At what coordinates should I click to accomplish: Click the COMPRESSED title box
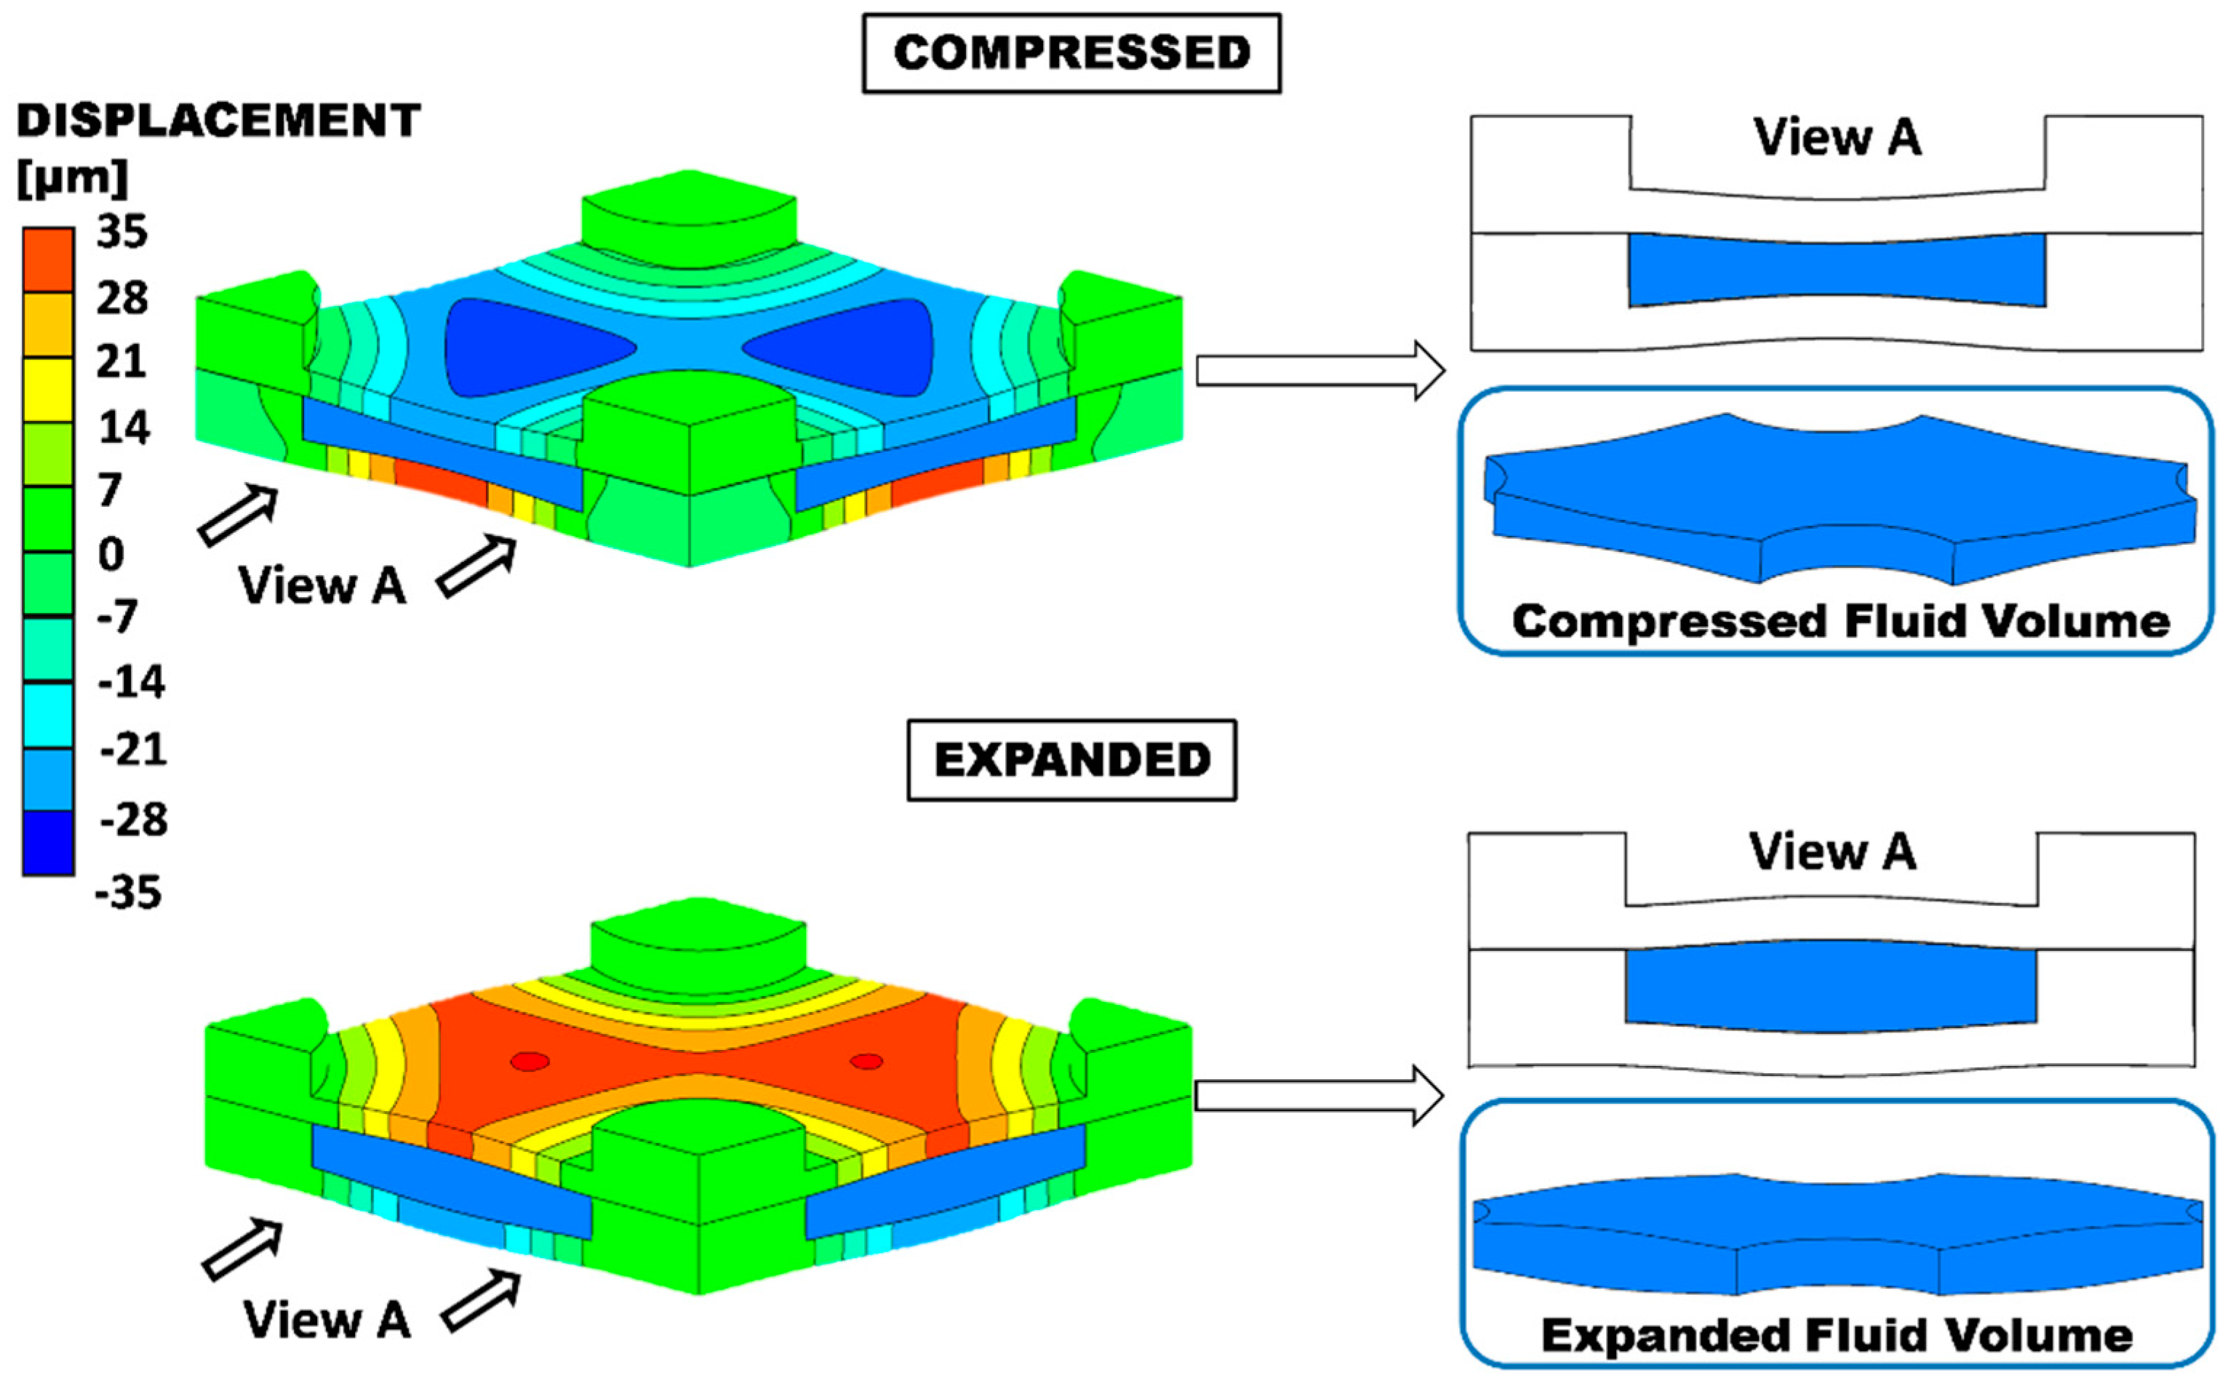click(x=1071, y=53)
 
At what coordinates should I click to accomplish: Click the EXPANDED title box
click(x=1071, y=760)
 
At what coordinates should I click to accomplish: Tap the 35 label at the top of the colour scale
click(x=121, y=233)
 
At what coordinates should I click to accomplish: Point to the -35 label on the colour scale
click(x=128, y=891)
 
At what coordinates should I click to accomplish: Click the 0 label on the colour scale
click(x=111, y=554)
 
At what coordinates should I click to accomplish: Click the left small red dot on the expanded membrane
click(x=530, y=1062)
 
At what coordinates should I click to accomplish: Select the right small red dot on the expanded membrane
click(x=866, y=1062)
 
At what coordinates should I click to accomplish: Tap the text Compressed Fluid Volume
click(x=1839, y=622)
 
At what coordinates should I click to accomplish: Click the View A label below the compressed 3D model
click(x=322, y=585)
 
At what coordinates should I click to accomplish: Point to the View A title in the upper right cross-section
click(x=1837, y=138)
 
